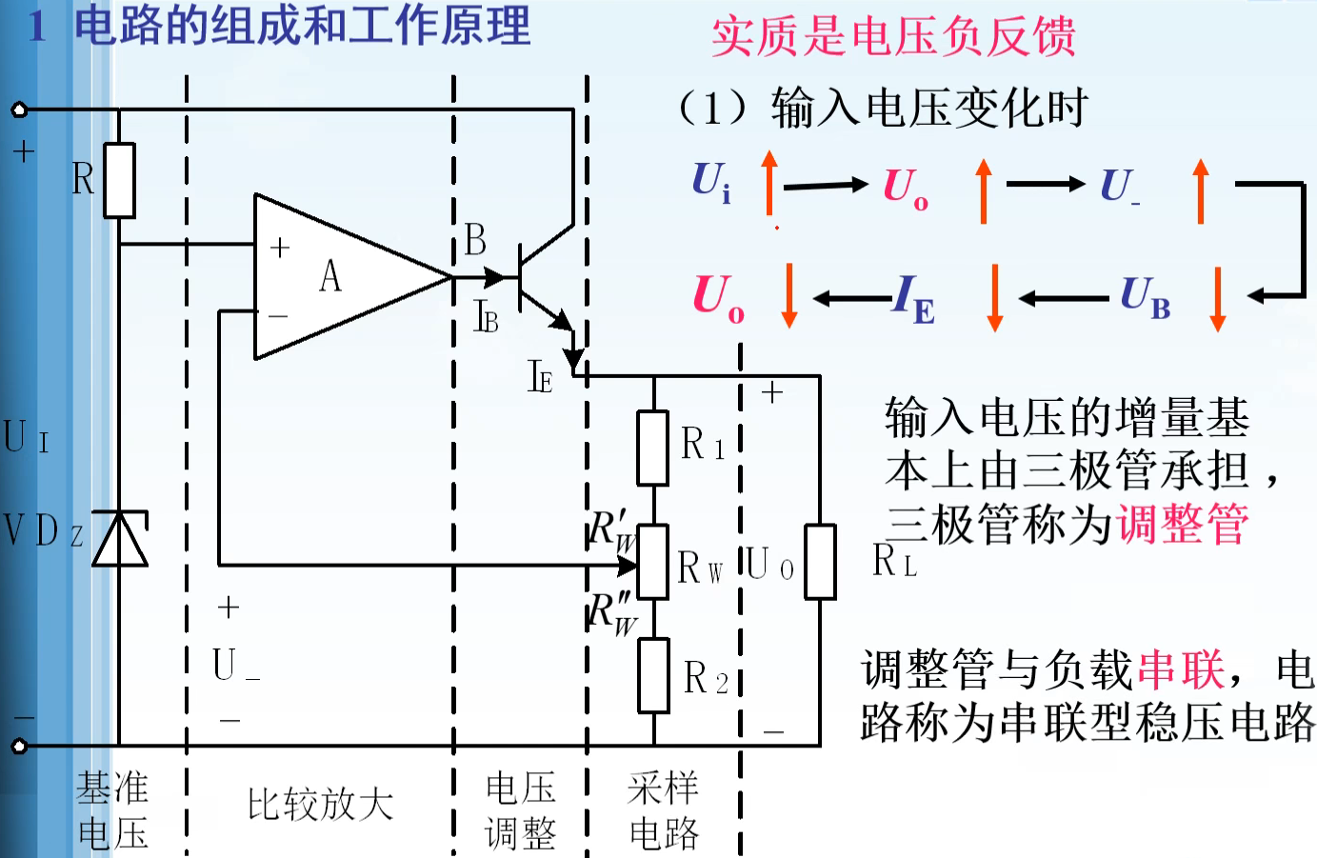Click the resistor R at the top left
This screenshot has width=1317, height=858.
tap(119, 180)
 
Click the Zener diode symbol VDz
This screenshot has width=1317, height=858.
tap(120, 539)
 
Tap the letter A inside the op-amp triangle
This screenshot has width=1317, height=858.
tap(329, 277)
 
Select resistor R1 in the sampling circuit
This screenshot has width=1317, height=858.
tap(652, 449)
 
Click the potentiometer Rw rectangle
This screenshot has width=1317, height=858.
tap(652, 562)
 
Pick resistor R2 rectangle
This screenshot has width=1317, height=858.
tap(653, 676)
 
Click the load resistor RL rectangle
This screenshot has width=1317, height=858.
tap(820, 562)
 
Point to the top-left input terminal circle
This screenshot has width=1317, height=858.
tap(19, 110)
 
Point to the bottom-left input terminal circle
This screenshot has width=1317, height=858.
tap(19, 746)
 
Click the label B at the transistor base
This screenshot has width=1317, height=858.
tap(475, 241)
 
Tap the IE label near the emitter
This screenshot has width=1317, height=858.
tap(540, 378)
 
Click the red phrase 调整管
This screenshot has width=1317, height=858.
tap(1183, 524)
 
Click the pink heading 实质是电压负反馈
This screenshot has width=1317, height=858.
tap(893, 37)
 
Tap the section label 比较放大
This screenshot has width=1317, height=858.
tap(320, 805)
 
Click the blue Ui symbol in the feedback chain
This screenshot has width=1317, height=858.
tap(711, 181)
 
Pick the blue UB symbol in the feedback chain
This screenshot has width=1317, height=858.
tap(1145, 297)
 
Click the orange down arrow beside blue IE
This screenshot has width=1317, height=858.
tap(995, 297)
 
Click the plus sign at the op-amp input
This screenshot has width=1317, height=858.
tap(279, 248)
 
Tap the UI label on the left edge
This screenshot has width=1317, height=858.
tap(26, 437)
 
